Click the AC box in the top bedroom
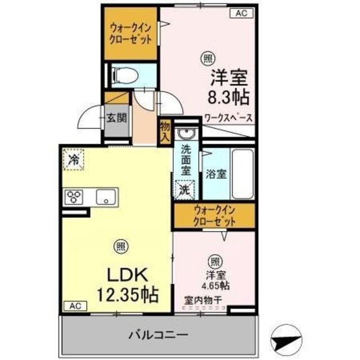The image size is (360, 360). [240, 12]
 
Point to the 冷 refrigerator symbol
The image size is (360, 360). [74, 159]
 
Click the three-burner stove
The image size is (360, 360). [74, 196]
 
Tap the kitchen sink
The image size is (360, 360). [105, 196]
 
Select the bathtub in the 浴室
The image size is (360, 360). [242, 174]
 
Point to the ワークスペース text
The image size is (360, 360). [228, 118]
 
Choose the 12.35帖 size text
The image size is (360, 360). [127, 293]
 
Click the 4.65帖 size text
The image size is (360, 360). [217, 285]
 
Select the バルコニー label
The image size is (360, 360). [158, 335]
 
